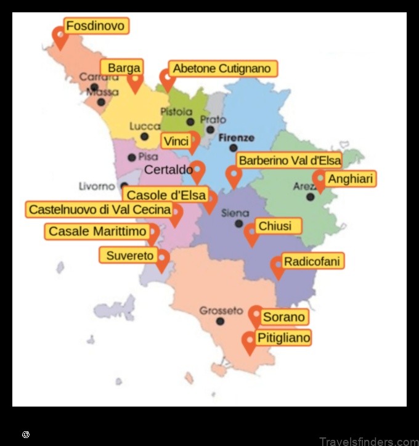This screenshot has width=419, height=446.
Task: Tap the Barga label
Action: point(124,68)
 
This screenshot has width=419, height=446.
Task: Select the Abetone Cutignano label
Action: point(222,68)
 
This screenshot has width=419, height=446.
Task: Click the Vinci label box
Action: point(176,141)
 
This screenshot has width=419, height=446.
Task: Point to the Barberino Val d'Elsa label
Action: point(290,161)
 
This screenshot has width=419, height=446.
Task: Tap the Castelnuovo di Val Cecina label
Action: point(100,209)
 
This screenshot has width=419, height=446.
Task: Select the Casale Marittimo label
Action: point(97,232)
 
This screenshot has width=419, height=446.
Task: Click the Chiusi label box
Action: point(275,226)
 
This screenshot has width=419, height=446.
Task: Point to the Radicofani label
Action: point(312,261)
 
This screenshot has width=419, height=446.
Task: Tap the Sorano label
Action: point(284,317)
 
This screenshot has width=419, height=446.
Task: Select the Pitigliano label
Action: point(283,338)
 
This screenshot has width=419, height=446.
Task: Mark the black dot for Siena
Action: point(239,224)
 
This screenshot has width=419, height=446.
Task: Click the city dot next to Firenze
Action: point(233,148)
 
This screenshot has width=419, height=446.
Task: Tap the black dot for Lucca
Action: point(144,137)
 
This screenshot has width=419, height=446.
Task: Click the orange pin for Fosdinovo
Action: point(60,37)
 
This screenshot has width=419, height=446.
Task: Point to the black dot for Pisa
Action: point(131,158)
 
